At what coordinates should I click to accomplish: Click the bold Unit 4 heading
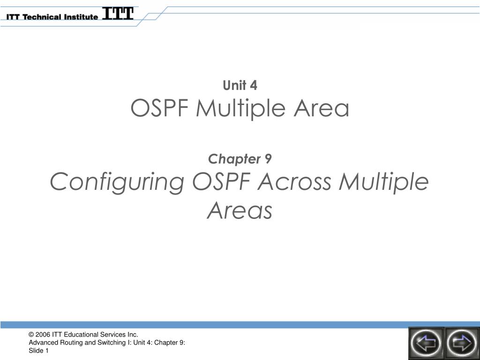click(x=240, y=85)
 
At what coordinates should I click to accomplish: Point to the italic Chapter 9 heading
click(x=240, y=159)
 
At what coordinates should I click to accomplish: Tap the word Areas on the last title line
click(x=240, y=211)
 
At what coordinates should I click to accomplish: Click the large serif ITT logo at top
click(x=118, y=14)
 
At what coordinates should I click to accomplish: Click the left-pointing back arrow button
click(x=426, y=343)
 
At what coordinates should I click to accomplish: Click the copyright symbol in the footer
click(x=31, y=335)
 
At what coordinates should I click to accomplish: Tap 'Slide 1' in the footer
click(x=39, y=351)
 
